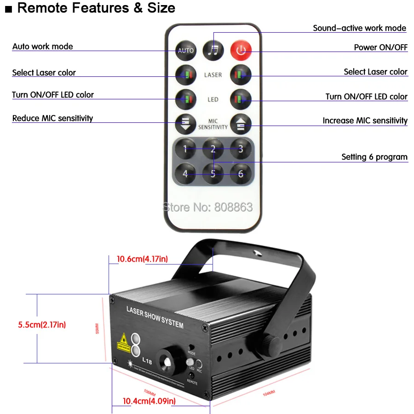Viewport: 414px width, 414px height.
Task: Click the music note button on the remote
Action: (213, 50)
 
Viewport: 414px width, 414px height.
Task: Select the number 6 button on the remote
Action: (240, 174)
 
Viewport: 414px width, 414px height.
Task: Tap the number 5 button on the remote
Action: (213, 174)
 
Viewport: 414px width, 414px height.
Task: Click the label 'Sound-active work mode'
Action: (359, 28)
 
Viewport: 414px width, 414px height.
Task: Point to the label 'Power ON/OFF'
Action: (380, 47)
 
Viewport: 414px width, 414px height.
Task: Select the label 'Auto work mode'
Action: (42, 46)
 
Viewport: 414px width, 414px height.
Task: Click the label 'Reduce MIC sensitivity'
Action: (52, 118)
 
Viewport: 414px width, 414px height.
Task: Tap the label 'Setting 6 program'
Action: (374, 157)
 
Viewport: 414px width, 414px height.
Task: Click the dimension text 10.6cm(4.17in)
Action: (142, 259)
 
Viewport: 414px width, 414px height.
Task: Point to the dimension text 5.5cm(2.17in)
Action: (42, 325)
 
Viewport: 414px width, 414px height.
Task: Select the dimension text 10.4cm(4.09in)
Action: (149, 401)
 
